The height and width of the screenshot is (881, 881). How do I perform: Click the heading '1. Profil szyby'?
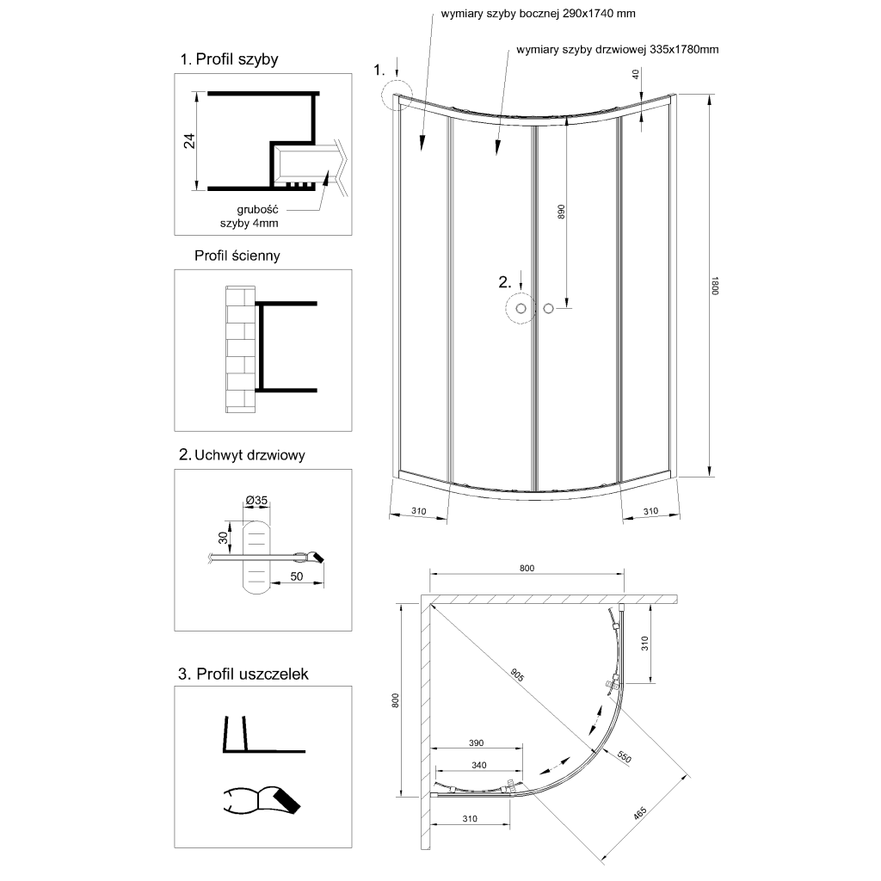coord(229,59)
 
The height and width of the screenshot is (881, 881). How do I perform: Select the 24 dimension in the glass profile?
coord(190,140)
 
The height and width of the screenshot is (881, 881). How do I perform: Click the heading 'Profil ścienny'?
coord(237,256)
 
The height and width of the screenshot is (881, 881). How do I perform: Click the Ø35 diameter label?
coord(256,501)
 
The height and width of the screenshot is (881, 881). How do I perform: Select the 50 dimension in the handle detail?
coord(298,576)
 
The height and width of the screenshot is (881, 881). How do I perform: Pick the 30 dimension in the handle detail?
coord(223,538)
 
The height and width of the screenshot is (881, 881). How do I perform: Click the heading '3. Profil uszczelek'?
coord(243,674)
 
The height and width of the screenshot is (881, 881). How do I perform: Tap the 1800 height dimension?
coord(714,286)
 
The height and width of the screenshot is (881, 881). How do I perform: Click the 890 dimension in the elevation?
coord(561,212)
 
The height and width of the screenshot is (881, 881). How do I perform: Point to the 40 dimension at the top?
coord(635,76)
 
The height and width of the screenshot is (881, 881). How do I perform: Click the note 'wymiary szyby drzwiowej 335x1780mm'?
coord(618,50)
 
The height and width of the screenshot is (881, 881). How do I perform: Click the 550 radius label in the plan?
coord(625,758)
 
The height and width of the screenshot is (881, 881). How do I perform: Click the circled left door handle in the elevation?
coord(520,307)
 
